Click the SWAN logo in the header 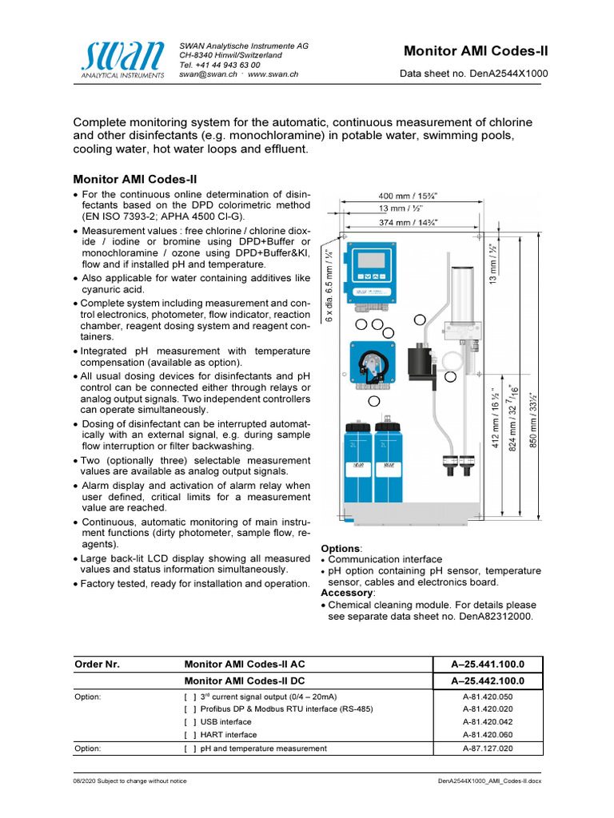122,58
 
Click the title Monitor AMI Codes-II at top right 476,51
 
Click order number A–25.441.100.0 487,665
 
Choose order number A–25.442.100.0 487,681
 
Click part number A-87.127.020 487,749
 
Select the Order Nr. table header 97,665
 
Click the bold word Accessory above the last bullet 346,594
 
